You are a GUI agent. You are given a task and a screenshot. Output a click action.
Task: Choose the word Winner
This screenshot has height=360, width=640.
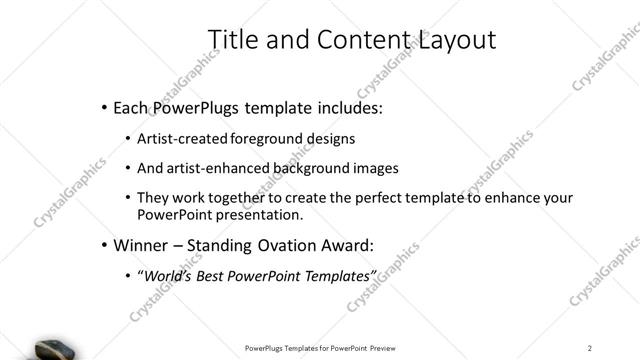140,245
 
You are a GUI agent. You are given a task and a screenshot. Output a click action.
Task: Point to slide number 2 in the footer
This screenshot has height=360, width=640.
590,348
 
